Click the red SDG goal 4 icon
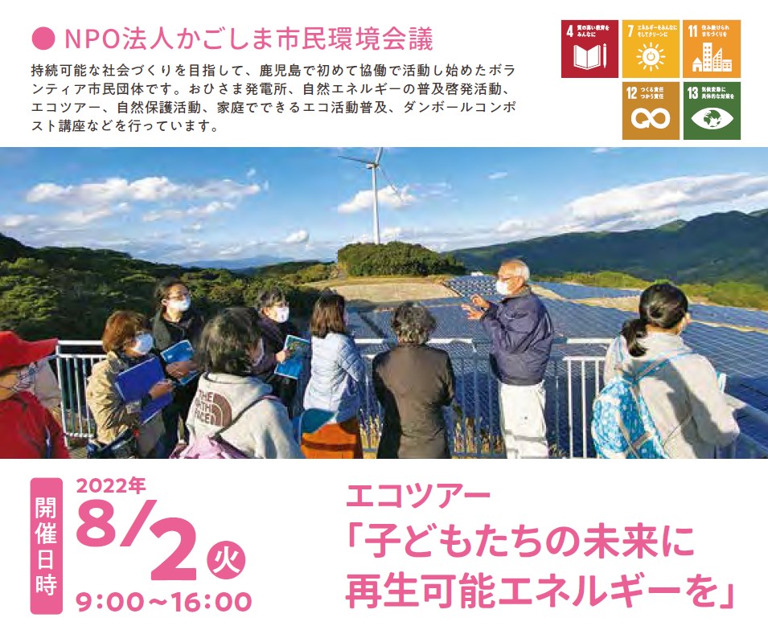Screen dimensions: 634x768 [589, 49]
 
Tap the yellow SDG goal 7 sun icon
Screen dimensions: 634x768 [651, 49]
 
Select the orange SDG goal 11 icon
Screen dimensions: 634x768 [712, 49]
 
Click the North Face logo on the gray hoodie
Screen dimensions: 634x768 [216, 409]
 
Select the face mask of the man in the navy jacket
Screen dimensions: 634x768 [504, 287]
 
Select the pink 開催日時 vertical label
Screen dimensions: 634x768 [47, 546]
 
